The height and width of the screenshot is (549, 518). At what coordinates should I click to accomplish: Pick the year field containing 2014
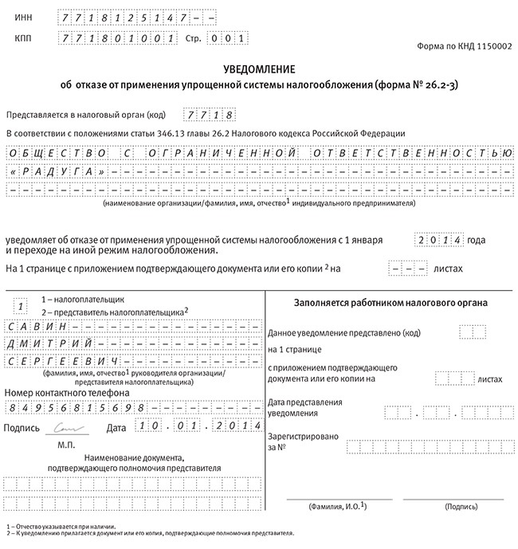pyautogui.click(x=438, y=239)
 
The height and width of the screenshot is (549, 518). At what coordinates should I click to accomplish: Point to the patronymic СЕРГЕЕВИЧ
pyautogui.click(x=49, y=361)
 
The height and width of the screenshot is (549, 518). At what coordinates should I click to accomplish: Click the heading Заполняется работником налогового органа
pyautogui.click(x=390, y=304)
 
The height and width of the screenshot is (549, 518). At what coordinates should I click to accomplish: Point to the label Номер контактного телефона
pyautogui.click(x=67, y=393)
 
